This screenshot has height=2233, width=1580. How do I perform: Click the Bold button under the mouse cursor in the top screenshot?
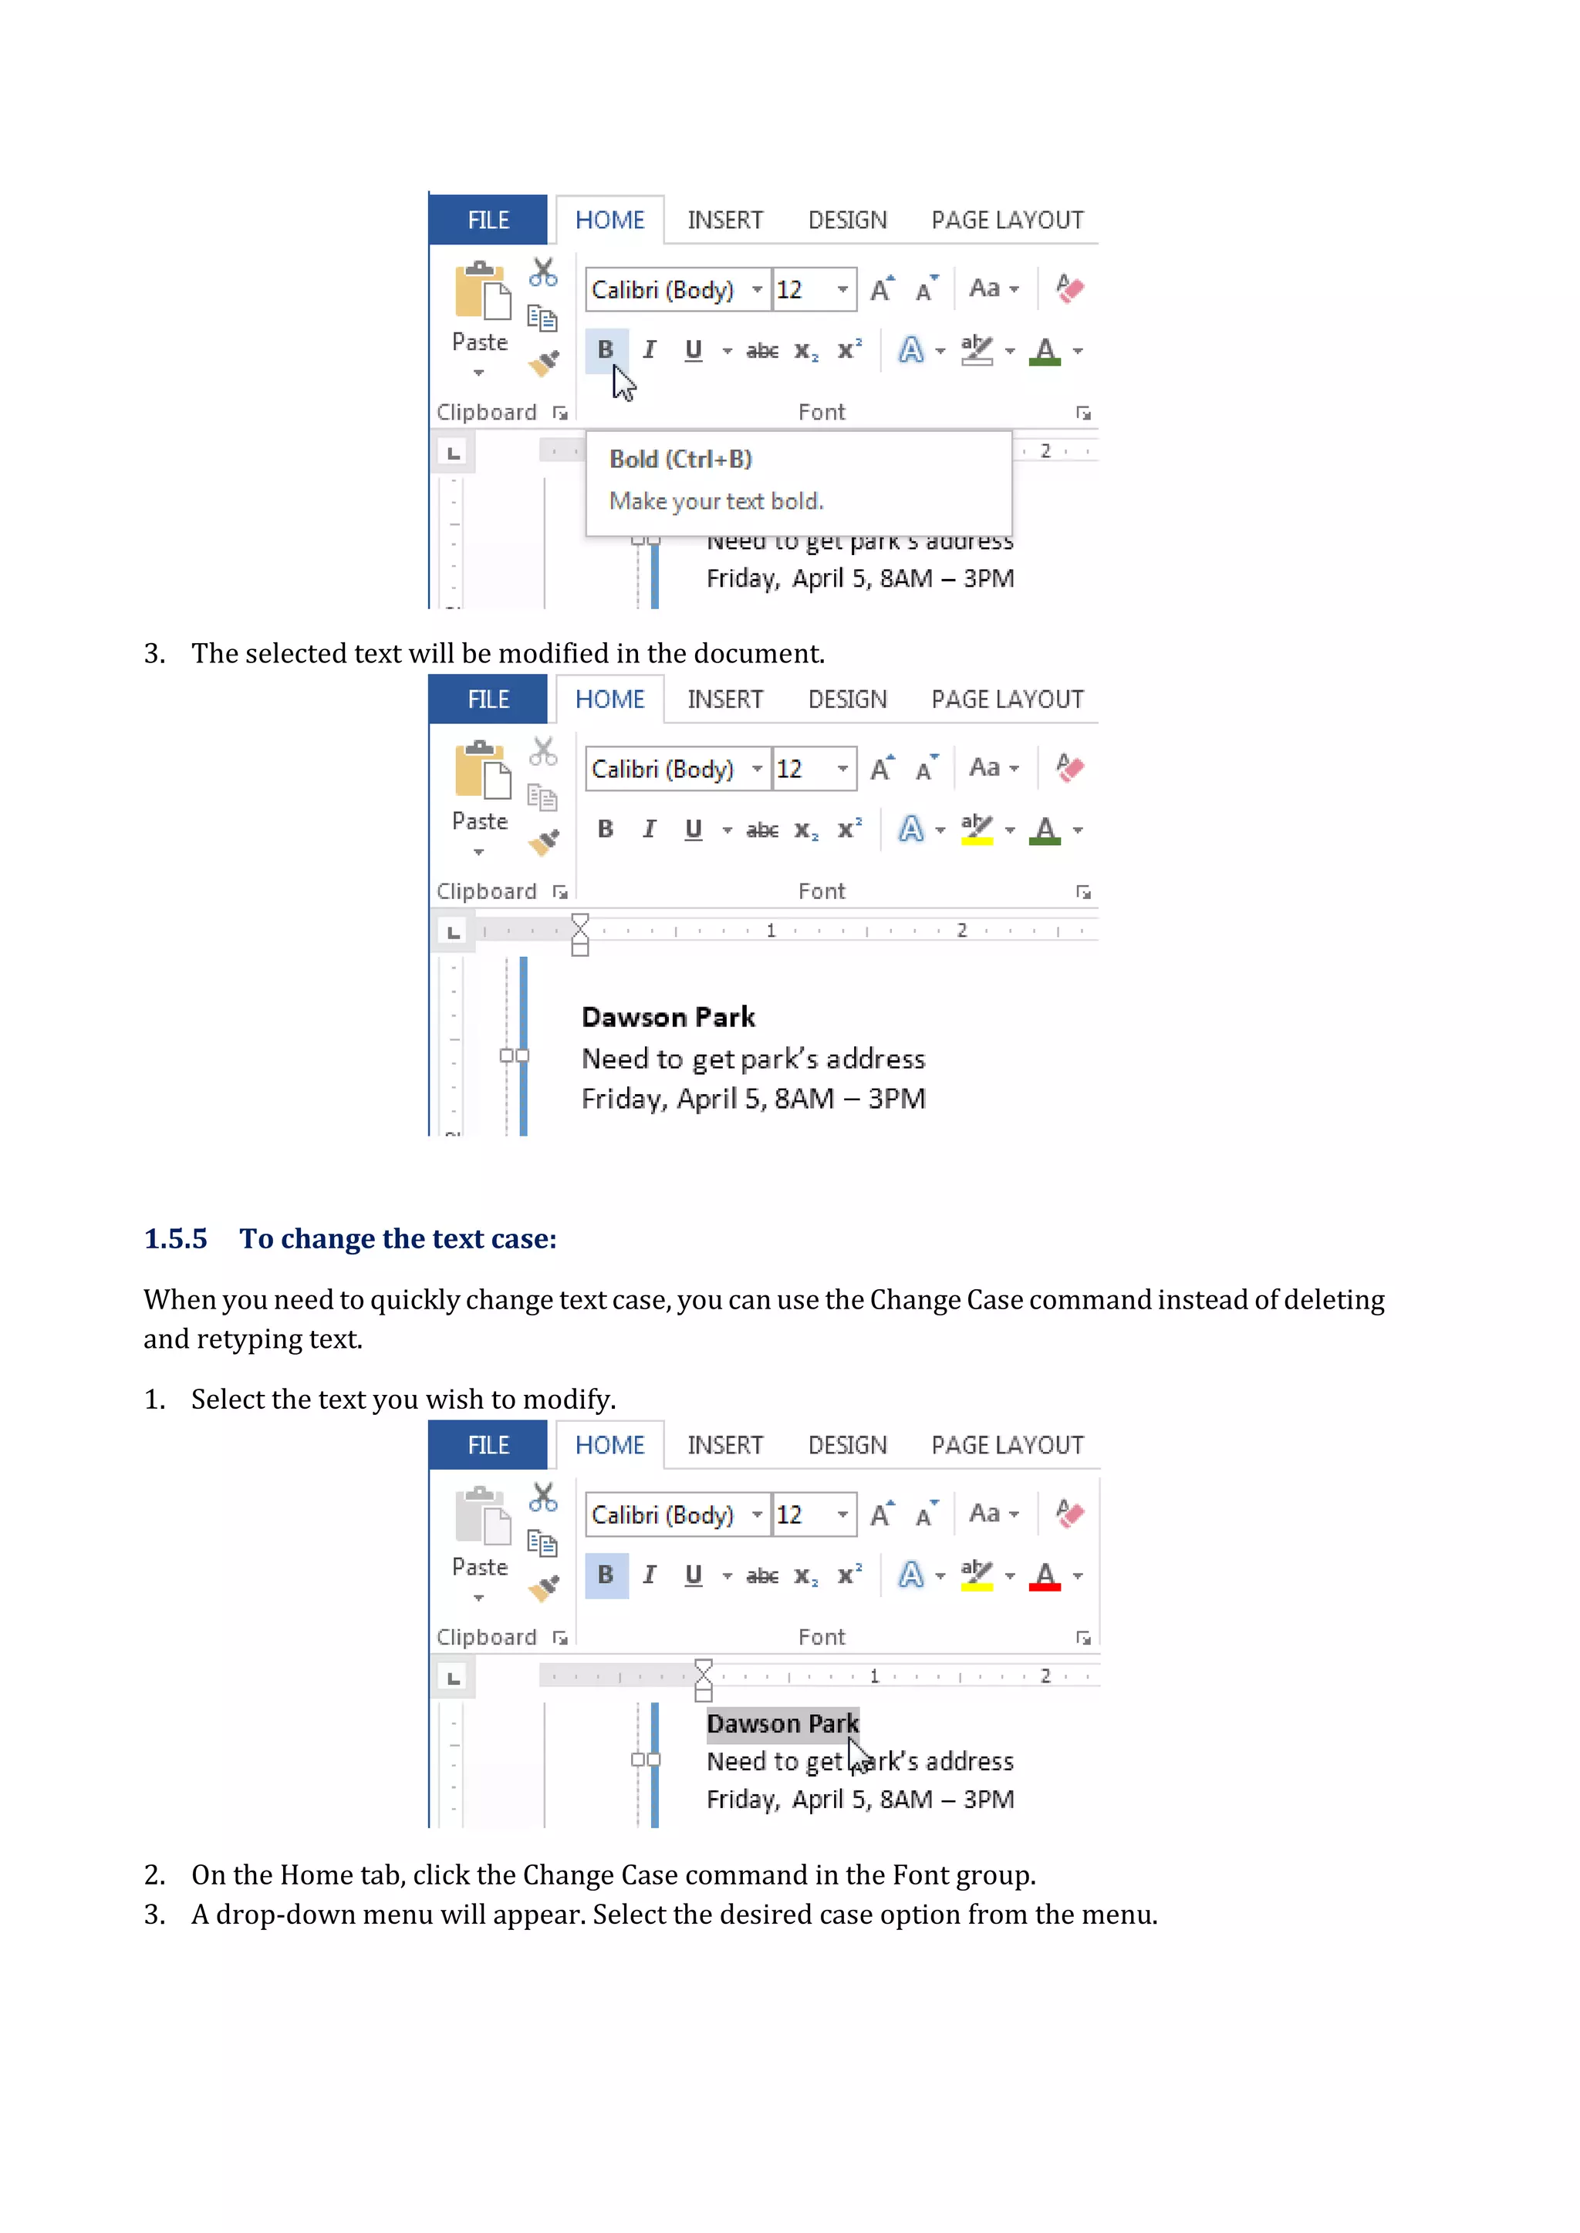[605, 350]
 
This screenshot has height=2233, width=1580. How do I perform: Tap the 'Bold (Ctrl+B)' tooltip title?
[680, 459]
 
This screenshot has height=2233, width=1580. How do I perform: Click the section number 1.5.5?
[175, 1239]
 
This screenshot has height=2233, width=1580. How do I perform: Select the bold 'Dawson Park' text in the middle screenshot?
[667, 1017]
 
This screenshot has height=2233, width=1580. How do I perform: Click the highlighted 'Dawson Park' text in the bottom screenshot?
[782, 1724]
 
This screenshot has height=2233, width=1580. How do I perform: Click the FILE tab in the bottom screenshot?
[488, 1445]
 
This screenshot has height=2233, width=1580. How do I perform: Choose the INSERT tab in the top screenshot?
[725, 221]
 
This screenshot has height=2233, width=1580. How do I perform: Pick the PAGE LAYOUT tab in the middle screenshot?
[1007, 700]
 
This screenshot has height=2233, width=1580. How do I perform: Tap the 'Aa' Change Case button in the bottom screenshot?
[985, 1514]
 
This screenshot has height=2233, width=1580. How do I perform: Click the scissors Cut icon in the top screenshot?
[543, 272]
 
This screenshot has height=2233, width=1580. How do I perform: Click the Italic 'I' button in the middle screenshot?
[649, 830]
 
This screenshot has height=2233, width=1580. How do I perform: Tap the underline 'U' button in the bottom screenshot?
[693, 1575]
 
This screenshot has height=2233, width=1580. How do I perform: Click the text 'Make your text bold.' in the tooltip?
[716, 502]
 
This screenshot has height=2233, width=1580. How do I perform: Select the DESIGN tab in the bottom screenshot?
[847, 1445]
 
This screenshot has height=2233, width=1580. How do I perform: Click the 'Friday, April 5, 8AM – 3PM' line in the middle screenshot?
[753, 1099]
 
